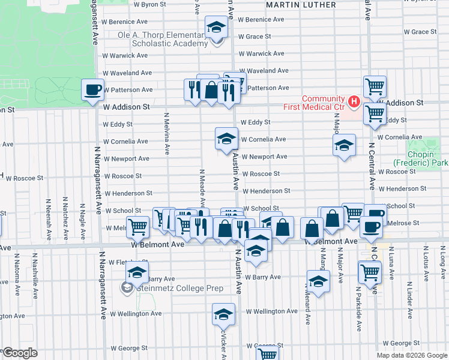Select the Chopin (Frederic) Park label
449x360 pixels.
[x=421, y=158]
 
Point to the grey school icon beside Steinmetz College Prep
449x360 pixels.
[x=127, y=289]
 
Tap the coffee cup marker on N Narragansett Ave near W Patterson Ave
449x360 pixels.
[x=93, y=90]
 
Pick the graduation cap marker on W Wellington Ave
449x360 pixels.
[x=223, y=314]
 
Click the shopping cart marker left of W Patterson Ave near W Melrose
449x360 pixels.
[x=138, y=227]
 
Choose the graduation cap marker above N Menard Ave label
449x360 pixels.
[x=318, y=280]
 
